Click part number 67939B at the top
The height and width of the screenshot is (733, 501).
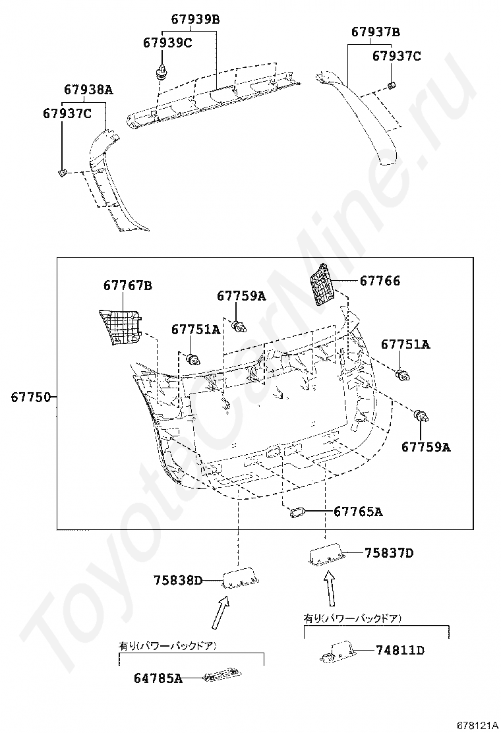[195, 20]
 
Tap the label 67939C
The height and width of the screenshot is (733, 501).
[167, 44]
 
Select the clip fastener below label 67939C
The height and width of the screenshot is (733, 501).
[160, 71]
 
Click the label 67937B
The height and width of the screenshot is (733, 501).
[375, 32]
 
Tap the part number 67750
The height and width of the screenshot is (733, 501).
[30, 397]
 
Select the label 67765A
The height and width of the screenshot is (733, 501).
[357, 512]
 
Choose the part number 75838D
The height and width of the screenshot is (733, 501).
[178, 581]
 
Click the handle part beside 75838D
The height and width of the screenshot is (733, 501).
[240, 579]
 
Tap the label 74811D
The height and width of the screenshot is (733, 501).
[400, 651]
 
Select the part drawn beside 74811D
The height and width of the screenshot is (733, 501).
[337, 652]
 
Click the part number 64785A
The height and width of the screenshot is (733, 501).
[158, 678]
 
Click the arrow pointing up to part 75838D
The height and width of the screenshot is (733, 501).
[220, 611]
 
